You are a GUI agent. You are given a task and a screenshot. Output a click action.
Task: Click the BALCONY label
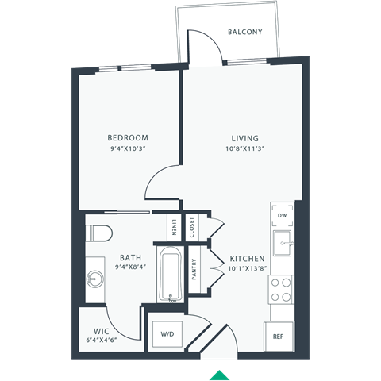click(244, 33)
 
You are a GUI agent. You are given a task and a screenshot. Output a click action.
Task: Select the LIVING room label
click(238, 136)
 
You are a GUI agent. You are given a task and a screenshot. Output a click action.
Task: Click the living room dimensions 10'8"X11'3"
click(238, 148)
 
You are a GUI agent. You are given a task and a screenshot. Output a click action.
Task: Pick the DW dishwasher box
click(282, 215)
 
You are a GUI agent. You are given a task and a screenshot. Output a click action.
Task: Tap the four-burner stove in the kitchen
click(281, 288)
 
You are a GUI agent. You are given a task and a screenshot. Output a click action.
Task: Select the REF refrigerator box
click(278, 336)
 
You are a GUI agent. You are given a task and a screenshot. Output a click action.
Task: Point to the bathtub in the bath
click(169, 275)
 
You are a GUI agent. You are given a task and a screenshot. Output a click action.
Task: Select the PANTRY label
click(194, 269)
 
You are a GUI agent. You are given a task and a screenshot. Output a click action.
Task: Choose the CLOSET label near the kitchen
click(192, 227)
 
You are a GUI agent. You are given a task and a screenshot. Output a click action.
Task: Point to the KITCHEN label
click(247, 259)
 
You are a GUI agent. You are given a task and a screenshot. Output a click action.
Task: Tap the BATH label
click(131, 258)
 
